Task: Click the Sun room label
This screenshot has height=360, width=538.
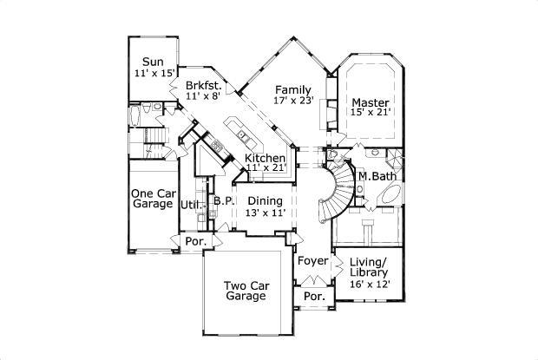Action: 153,62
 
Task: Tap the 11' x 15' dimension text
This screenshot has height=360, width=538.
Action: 155,74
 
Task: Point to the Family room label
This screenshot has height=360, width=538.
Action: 292,88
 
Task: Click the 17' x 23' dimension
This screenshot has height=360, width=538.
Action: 292,101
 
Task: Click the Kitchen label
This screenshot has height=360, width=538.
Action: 265,158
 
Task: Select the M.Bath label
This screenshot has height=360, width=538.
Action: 377,176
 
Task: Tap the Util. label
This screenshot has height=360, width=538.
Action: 190,205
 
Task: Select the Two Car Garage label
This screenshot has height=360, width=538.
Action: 245,290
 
